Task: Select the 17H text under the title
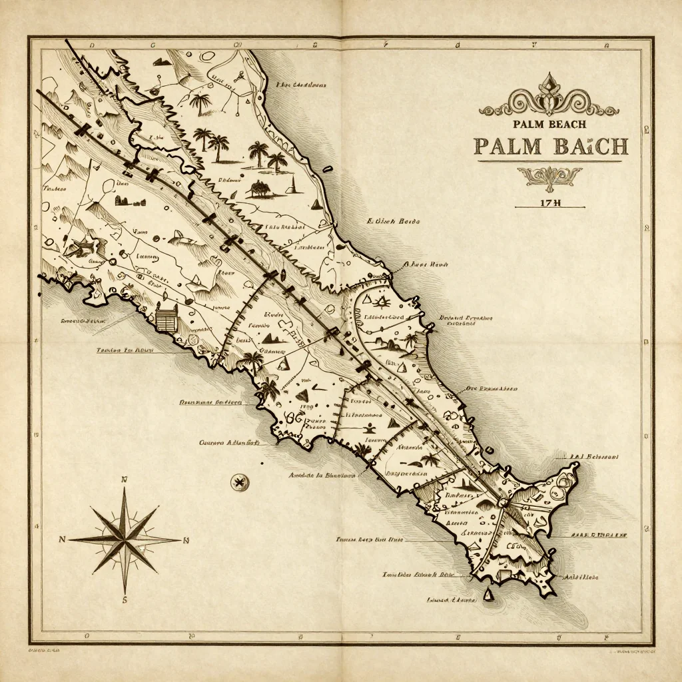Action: [x=550, y=203]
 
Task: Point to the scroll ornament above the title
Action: [x=549, y=101]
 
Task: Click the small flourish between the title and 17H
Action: [x=549, y=176]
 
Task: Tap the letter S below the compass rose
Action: [x=125, y=599]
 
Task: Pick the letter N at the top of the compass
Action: [x=125, y=480]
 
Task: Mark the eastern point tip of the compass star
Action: [x=180, y=540]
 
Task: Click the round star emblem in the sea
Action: [x=238, y=482]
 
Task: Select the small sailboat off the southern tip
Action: [x=490, y=593]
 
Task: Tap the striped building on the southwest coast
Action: [x=167, y=318]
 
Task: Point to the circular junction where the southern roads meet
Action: [x=503, y=503]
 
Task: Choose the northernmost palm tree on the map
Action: [x=200, y=103]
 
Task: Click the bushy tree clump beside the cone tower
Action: [x=259, y=189]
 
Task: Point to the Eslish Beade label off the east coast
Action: [x=392, y=220]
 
